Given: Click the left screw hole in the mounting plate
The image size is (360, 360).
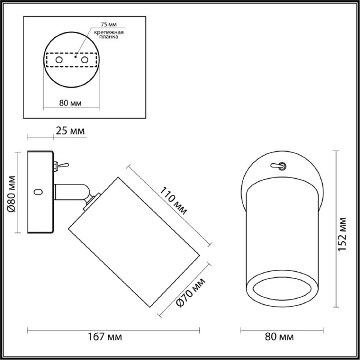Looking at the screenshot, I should [59, 61].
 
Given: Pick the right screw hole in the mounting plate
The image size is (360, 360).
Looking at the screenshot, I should [85, 61].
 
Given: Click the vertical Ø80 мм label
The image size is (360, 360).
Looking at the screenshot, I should [10, 192].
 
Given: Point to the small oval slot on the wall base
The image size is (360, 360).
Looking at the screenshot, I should [40, 192].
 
